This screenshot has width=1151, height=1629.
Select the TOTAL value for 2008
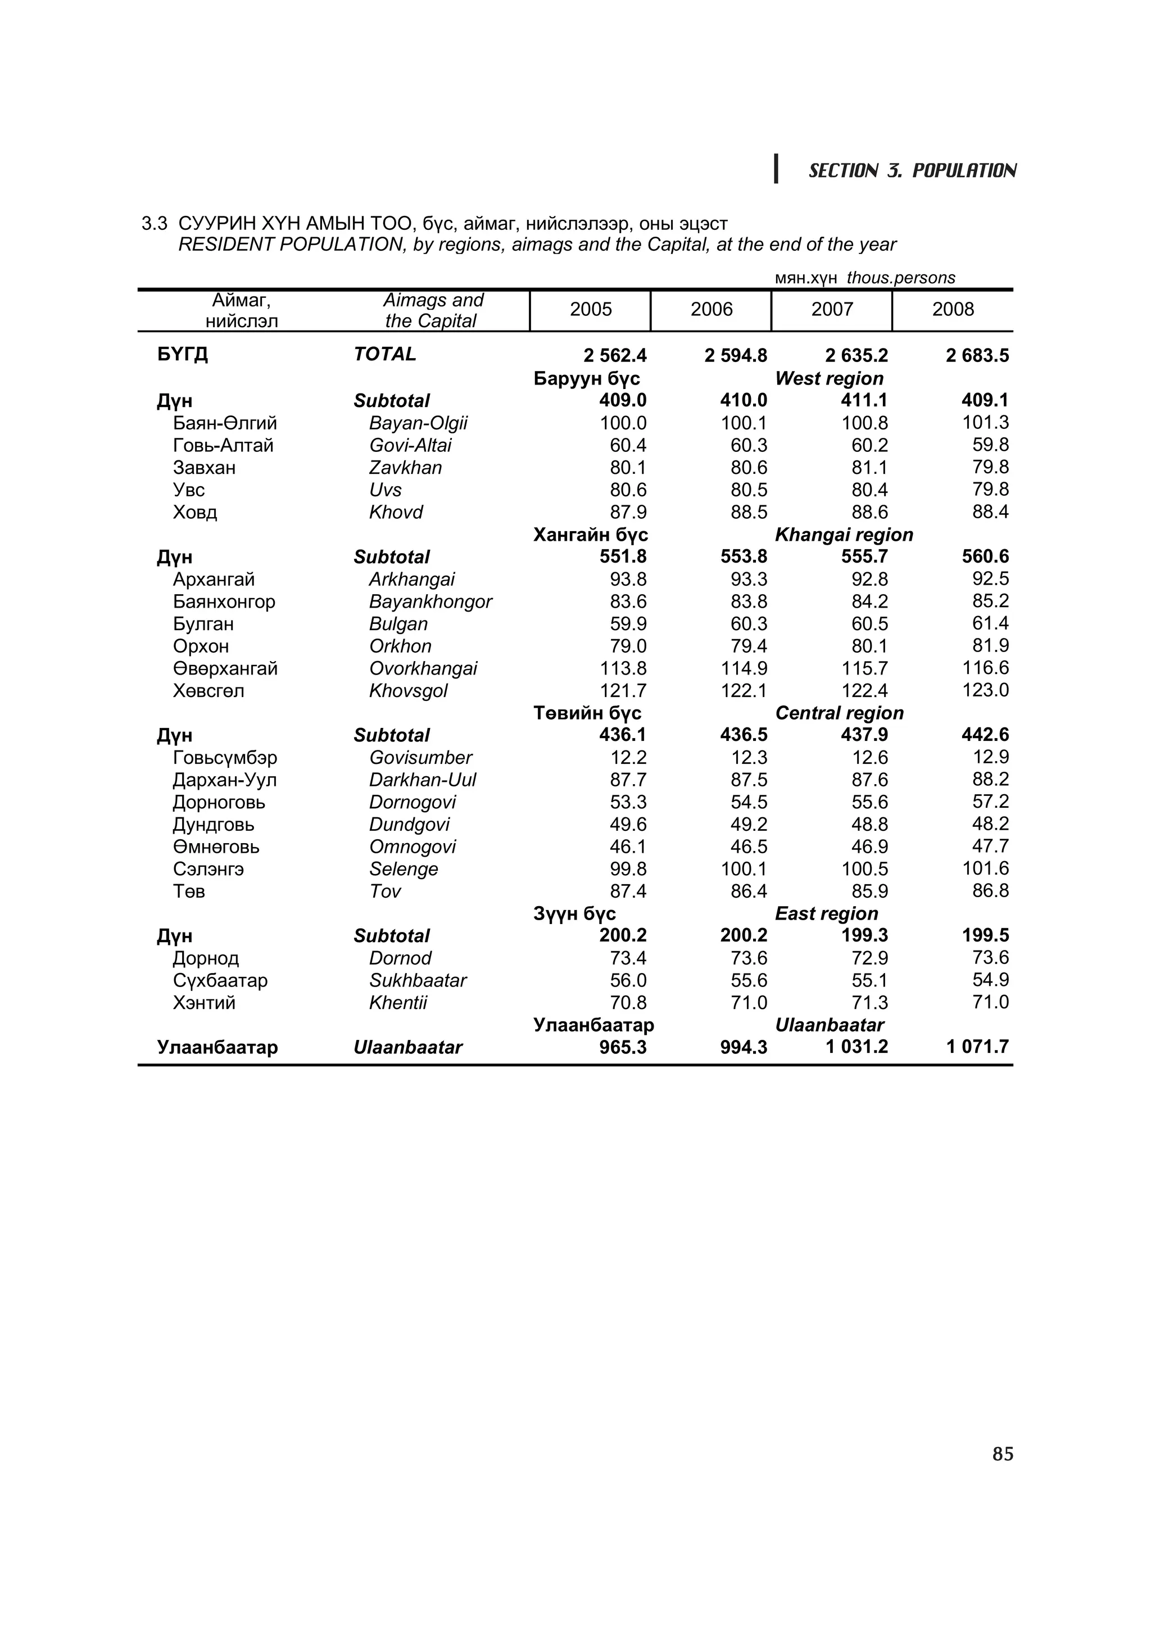[977, 355]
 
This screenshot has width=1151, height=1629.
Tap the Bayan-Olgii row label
[418, 424]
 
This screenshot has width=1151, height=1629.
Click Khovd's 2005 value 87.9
[628, 512]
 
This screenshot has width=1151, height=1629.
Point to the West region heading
[829, 379]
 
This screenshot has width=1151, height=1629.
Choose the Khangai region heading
[844, 535]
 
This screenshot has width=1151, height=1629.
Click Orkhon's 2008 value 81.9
[990, 646]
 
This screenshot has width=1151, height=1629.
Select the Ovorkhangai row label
[423, 668]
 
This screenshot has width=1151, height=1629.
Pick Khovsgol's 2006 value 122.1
[744, 691]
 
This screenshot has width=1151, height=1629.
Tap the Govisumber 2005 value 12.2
[628, 758]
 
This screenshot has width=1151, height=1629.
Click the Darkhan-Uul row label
[422, 780]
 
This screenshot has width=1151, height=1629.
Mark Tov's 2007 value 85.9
[869, 891]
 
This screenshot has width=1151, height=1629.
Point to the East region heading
[826, 914]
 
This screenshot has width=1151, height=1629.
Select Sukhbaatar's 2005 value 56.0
[628, 980]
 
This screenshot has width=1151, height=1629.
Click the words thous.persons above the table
[901, 278]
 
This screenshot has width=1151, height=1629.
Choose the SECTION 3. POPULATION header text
[912, 171]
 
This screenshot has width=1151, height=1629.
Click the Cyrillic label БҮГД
[182, 354]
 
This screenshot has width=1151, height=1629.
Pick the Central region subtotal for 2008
[985, 735]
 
